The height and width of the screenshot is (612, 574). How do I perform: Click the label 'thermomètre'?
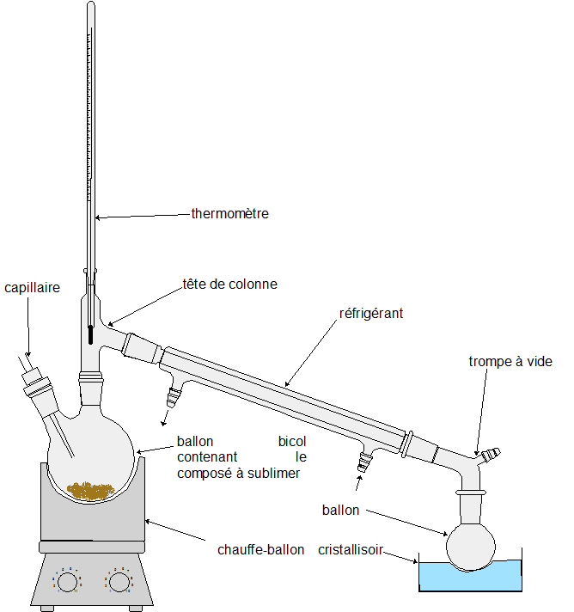pos(229,213)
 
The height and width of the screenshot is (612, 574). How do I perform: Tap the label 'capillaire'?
pos(32,288)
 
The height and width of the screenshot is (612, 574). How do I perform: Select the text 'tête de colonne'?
pos(229,284)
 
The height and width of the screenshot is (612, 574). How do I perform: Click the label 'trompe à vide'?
pos(510,361)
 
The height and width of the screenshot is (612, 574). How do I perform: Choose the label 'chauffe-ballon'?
pos(260,550)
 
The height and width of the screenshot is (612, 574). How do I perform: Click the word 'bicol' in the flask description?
pos(292,442)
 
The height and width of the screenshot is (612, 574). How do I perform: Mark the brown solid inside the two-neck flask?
pos(91,490)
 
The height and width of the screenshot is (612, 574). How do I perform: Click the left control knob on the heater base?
pos(67,582)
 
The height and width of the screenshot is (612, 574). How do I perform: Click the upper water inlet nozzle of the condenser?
pos(175,396)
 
